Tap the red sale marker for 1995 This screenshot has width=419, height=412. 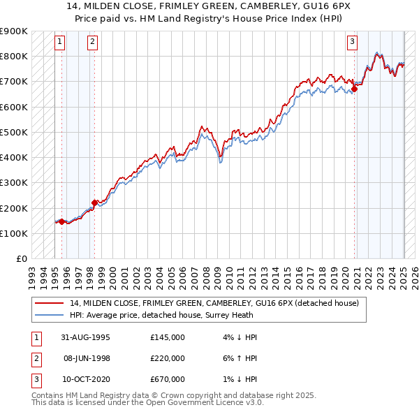[x=61, y=222]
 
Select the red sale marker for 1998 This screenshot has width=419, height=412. [x=94, y=203]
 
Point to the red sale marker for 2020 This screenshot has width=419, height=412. [x=354, y=89]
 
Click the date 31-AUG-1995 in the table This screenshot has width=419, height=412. [x=84, y=337]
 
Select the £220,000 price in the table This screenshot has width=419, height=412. [x=168, y=358]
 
